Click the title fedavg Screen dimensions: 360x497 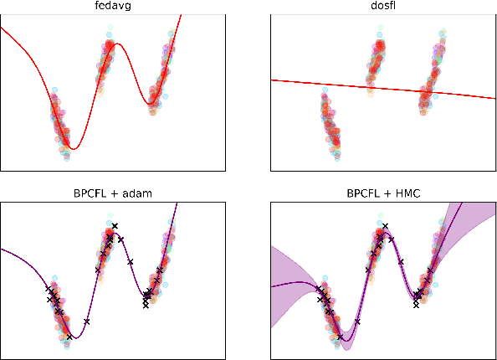[112, 8]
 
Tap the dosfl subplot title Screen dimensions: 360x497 [382, 8]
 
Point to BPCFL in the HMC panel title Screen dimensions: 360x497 [363, 193]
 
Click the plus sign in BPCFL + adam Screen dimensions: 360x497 [118, 193]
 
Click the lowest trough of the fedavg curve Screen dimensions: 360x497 [74, 149]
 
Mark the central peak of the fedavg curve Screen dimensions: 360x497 [117, 44]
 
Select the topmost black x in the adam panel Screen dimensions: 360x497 [115, 226]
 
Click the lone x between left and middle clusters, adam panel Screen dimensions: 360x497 [87, 321]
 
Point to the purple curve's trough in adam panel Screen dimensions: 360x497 [74, 337]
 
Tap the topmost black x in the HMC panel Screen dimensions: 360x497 [385, 226]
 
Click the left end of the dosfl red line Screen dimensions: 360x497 [273, 80]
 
